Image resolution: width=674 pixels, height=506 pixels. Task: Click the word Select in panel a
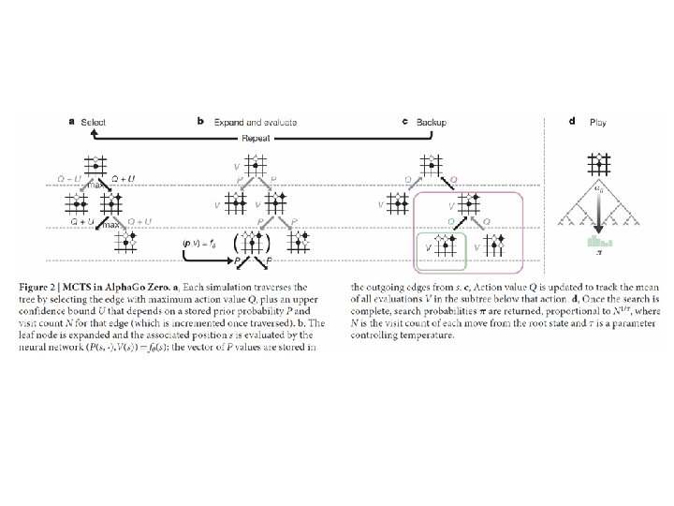click(94, 122)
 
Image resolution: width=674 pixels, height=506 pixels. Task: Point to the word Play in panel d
click(598, 122)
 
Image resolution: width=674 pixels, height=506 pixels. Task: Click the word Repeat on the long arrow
click(256, 137)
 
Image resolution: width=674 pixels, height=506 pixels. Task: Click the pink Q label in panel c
click(454, 177)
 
